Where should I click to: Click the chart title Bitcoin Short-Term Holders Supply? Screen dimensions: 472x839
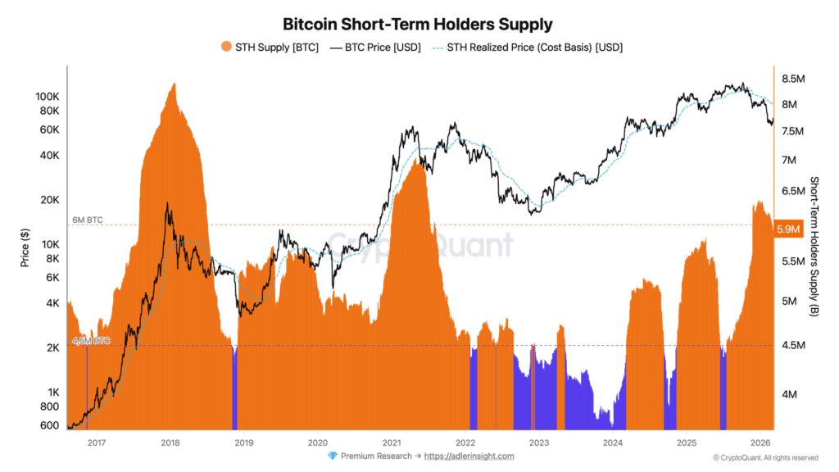pos(418,24)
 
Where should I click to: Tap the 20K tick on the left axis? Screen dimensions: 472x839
pos(50,200)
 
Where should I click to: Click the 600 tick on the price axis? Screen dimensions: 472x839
pos(50,424)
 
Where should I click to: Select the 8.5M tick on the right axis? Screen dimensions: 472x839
pos(796,79)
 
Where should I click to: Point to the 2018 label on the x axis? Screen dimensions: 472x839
pos(170,442)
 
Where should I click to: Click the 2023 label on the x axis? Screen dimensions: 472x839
pos(539,442)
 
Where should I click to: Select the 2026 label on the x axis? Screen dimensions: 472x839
pos(760,442)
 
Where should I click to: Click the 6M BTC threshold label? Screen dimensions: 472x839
pos(88,220)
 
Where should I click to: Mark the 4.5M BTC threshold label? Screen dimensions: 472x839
pos(90,340)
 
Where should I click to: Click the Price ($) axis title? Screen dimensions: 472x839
pos(25,247)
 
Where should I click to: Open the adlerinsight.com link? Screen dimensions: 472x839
pos(469,456)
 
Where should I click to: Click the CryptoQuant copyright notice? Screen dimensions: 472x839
pos(765,457)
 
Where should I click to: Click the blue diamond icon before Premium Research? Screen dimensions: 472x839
pos(332,456)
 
